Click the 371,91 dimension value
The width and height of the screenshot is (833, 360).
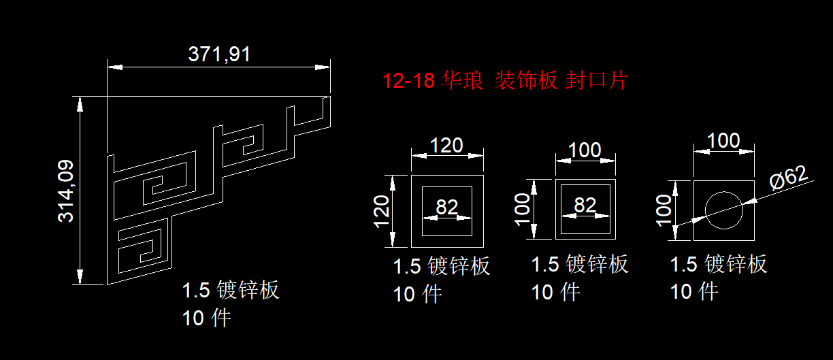point(219,54)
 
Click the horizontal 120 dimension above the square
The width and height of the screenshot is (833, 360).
point(446,145)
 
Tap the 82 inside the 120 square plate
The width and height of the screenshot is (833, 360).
point(446,207)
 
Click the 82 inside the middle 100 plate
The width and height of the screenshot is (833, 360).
point(585,205)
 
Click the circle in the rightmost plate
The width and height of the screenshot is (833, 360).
point(724,210)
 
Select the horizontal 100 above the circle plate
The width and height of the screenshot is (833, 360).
point(723,141)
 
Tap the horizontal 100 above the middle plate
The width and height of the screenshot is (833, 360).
point(586,150)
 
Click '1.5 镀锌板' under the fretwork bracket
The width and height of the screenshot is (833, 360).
point(230,291)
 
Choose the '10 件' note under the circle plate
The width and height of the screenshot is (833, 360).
point(694,292)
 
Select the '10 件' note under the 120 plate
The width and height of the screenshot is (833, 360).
point(418,295)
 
